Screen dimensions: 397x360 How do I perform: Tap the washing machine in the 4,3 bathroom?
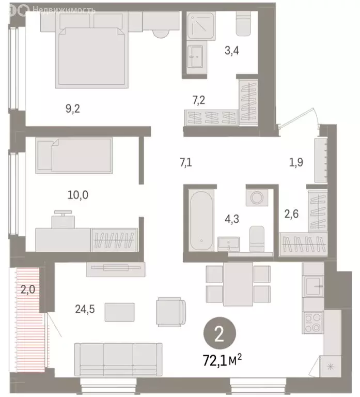coord(255,197)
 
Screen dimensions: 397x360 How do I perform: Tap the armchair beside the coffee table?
coord(170,312)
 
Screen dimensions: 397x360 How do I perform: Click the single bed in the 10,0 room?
coord(73,155)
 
